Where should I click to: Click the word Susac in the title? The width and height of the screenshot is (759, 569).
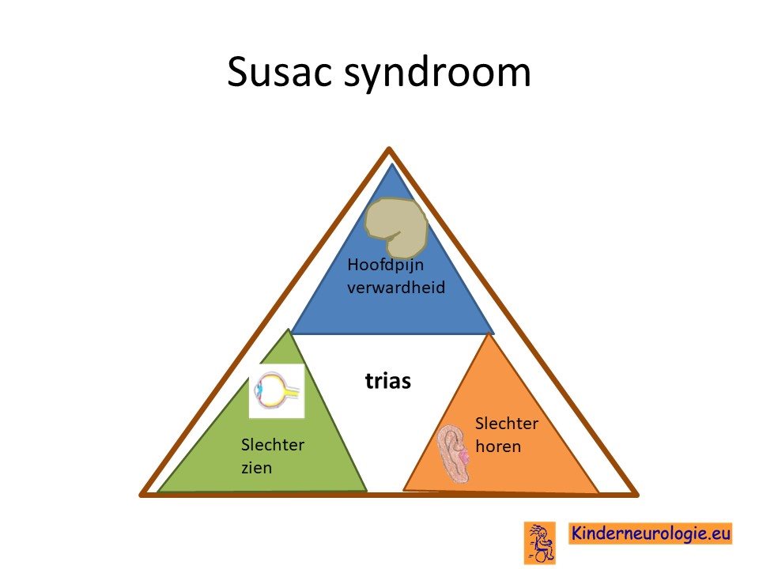281,72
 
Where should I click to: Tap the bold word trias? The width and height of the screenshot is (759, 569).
387,381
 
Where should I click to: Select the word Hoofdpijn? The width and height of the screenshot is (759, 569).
385,265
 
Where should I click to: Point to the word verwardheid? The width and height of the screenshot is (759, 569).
396,288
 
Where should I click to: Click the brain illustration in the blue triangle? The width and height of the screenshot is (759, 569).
396,227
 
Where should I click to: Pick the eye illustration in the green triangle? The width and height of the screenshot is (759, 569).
277,391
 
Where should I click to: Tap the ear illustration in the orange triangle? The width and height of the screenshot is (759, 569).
453,454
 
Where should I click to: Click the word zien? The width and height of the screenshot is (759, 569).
256,468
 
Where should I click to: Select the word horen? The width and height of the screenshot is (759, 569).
498,446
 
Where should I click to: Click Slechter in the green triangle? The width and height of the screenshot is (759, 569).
273,445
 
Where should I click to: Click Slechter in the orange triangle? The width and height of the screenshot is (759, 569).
506,424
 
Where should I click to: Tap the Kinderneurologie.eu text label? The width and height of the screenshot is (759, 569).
650,533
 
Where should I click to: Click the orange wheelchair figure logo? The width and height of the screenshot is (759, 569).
540,542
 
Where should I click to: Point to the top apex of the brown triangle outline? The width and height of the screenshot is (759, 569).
389,149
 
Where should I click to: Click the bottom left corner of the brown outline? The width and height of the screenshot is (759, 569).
142,495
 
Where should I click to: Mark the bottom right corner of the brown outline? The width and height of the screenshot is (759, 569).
637,495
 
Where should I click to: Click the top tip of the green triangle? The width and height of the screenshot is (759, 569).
289,330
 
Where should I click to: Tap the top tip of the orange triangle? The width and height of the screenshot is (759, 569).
490,333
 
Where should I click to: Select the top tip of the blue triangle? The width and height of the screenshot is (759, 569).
392,164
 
